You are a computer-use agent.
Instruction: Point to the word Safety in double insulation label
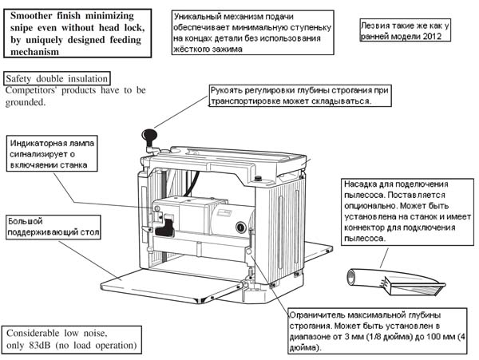point(22,79)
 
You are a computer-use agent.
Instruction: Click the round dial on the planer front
point(240,227)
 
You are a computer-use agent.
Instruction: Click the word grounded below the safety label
point(26,102)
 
